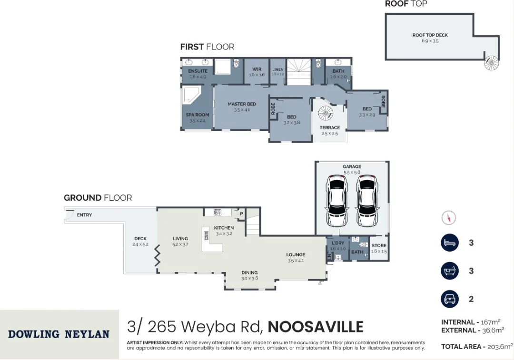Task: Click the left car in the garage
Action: (x=336, y=202)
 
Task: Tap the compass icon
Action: (x=449, y=218)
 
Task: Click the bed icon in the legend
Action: (x=450, y=243)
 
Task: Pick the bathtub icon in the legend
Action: (x=450, y=271)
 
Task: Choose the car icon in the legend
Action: (x=450, y=299)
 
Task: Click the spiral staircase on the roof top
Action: (x=491, y=62)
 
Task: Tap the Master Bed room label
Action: (x=242, y=104)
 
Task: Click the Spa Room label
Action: (x=198, y=115)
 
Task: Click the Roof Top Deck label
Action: (x=430, y=35)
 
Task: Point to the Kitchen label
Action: (x=224, y=228)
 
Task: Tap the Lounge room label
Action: (x=296, y=254)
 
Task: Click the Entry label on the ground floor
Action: (x=84, y=215)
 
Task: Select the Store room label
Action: (x=379, y=246)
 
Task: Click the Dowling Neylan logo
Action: (x=59, y=334)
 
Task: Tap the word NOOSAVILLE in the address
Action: (x=316, y=327)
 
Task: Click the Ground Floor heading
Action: (x=98, y=198)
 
